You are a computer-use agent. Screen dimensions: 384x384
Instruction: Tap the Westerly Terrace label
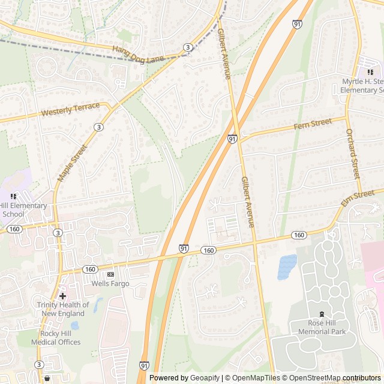point(71,110)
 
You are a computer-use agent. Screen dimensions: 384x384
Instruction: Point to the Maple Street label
point(71,163)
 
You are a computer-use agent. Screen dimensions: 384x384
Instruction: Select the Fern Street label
point(313,123)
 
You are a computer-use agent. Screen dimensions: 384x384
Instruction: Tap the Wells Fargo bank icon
point(110,274)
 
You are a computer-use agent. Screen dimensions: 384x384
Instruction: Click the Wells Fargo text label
point(110,283)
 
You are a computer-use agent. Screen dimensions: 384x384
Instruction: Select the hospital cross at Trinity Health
point(62,296)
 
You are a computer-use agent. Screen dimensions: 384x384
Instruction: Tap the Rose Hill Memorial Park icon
point(322,313)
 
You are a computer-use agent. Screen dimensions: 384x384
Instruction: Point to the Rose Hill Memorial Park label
point(322,326)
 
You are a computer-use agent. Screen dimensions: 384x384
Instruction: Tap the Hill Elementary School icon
point(13,196)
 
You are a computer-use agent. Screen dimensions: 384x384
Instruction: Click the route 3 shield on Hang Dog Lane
point(188,47)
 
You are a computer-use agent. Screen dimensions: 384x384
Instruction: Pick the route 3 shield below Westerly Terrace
point(98,127)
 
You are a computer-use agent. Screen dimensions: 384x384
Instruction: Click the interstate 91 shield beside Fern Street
point(232,139)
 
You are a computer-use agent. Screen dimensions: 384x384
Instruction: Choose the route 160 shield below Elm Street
point(299,235)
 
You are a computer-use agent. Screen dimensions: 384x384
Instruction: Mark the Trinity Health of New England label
point(63,308)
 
